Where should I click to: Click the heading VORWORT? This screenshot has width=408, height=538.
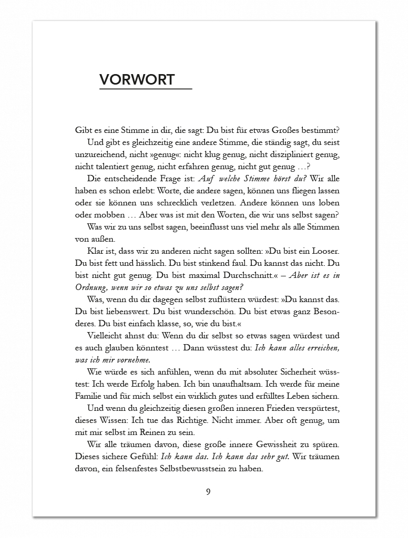point(137,79)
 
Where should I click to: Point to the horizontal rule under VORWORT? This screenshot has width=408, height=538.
point(146,89)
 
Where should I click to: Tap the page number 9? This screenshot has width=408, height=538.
point(208,492)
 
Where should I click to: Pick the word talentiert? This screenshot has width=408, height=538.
point(112,167)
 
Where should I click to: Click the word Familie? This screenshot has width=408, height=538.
point(89,396)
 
